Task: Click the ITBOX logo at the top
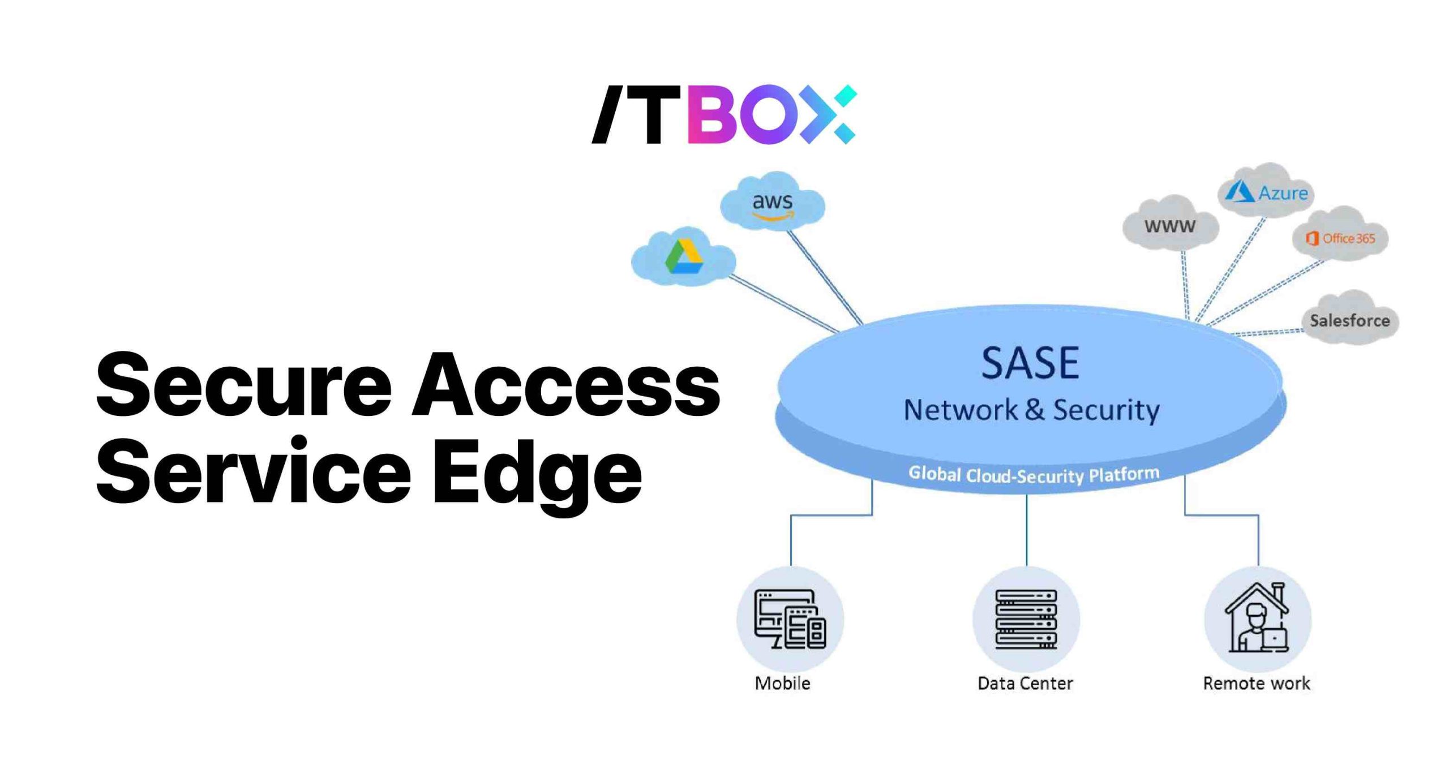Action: [724, 114]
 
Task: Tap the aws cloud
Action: [773, 203]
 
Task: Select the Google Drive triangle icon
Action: [684, 257]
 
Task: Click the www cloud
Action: [1170, 226]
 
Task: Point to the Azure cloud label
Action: [1283, 194]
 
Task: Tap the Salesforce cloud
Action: [1349, 320]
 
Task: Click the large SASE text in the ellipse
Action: [1030, 363]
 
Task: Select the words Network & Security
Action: [1031, 410]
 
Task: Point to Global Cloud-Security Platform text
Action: [1034, 474]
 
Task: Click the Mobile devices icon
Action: [790, 619]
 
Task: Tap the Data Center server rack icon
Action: [1026, 619]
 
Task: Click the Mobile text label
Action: [783, 683]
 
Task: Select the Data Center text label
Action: [1025, 683]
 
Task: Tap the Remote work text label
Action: [1257, 683]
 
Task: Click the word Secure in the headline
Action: [244, 385]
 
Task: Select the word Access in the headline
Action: [566, 385]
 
